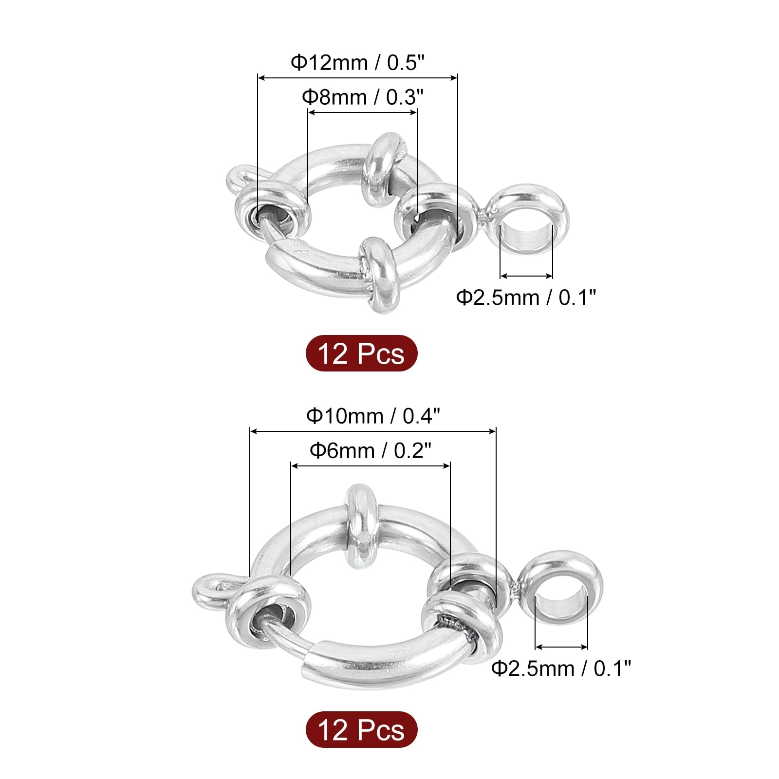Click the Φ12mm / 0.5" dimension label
point(357,63)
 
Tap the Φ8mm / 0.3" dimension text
point(362,97)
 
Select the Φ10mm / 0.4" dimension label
point(373,416)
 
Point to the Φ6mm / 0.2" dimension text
point(371,451)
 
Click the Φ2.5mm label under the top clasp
point(526,297)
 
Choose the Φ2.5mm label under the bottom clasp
point(561,668)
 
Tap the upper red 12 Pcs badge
point(361,353)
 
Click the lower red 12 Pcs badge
point(361,729)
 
